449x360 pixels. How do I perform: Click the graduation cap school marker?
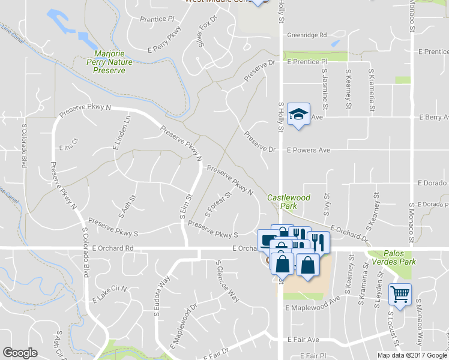coord(298,114)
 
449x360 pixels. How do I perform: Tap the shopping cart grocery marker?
coord(400,295)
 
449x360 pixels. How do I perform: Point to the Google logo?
coord(20,353)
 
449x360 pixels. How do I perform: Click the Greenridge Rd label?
coord(306,35)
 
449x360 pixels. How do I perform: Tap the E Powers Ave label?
coord(308,150)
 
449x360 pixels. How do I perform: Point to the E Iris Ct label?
coord(68,148)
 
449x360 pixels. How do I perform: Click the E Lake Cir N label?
coord(110,294)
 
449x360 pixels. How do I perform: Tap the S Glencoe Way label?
coord(228,282)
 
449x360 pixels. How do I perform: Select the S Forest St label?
coord(218,205)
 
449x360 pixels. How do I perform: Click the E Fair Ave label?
coord(303,340)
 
